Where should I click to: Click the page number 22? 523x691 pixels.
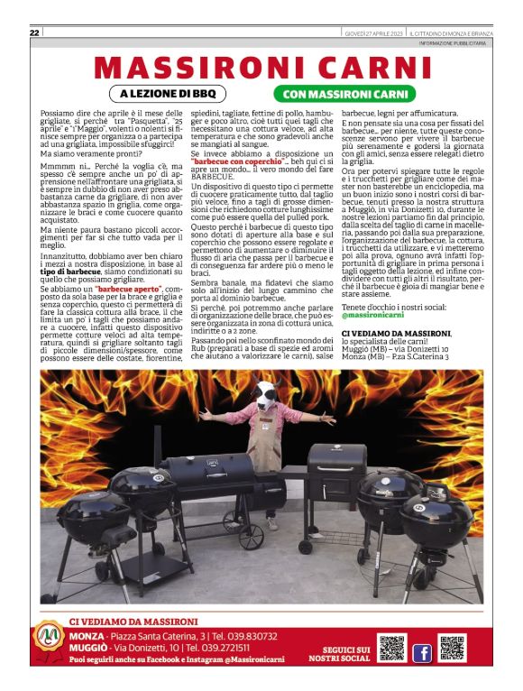pyautogui.click(x=34, y=33)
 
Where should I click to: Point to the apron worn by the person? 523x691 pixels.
pyautogui.click(x=266, y=451)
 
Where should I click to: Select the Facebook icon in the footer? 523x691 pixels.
pyautogui.click(x=421, y=651)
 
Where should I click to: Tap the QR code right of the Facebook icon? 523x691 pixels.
pyautogui.click(x=452, y=650)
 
